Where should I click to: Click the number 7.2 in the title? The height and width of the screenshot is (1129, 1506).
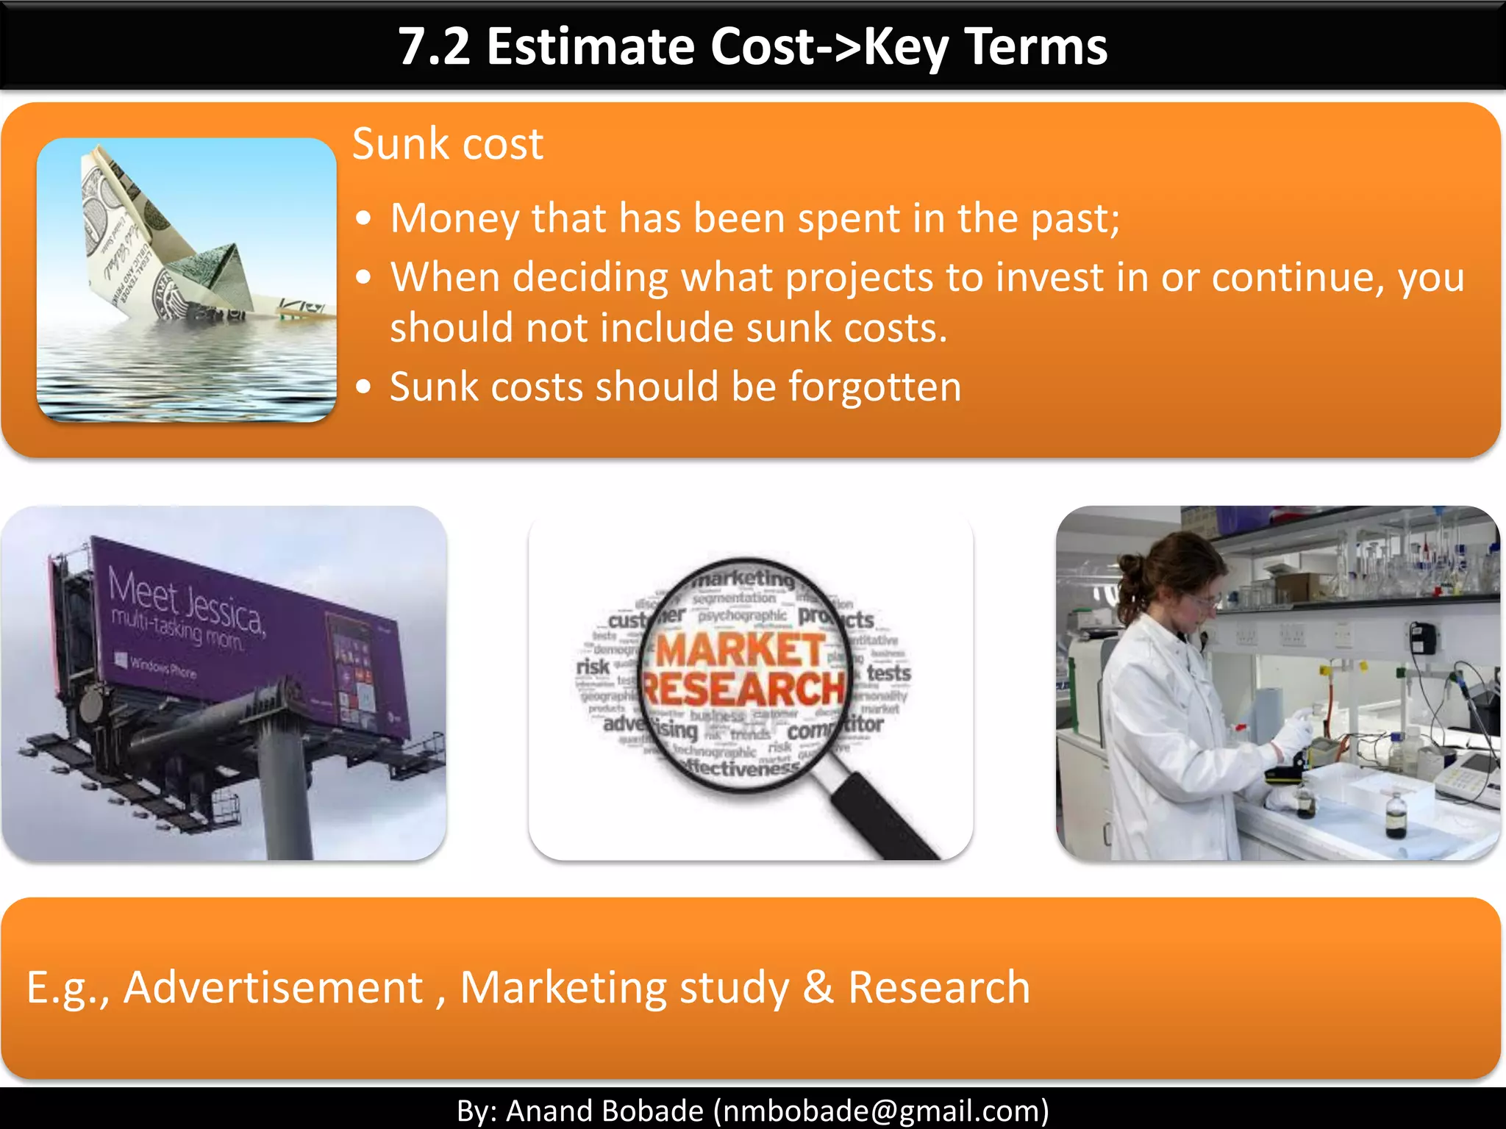pyautogui.click(x=434, y=47)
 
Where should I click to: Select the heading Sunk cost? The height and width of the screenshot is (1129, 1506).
pyautogui.click(x=447, y=144)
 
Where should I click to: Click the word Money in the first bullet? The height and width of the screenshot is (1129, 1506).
pyautogui.click(x=454, y=218)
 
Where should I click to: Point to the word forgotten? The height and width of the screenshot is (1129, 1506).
pyautogui.click(x=874, y=387)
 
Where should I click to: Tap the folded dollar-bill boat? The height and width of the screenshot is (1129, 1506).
pyautogui.click(x=184, y=243)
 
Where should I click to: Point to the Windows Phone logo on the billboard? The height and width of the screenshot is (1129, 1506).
pyautogui.click(x=121, y=659)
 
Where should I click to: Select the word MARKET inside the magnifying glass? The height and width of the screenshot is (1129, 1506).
pyautogui.click(x=739, y=650)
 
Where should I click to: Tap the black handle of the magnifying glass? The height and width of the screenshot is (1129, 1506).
pyautogui.click(x=882, y=816)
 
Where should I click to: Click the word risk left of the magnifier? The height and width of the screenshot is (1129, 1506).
pyautogui.click(x=593, y=667)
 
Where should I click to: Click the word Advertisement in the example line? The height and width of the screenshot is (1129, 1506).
pyautogui.click(x=273, y=987)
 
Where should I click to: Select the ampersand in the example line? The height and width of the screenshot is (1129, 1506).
pyautogui.click(x=818, y=987)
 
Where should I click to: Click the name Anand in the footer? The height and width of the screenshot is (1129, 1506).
pyautogui.click(x=547, y=1111)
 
